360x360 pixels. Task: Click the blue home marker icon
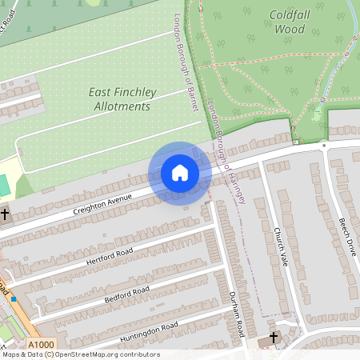click(179, 173)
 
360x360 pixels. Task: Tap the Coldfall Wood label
click(290, 22)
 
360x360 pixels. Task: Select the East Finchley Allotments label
click(120, 99)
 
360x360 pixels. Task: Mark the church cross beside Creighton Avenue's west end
click(5, 214)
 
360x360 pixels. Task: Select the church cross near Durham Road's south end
click(274, 338)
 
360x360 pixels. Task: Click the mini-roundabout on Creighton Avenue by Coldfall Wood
click(324, 146)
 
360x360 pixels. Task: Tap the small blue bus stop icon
click(14, 299)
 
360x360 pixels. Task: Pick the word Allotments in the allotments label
click(122, 106)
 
